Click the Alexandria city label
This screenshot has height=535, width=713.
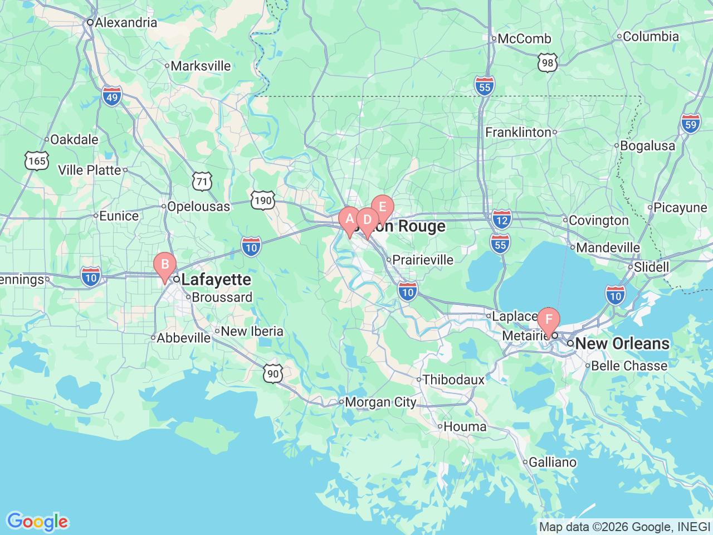[126, 23]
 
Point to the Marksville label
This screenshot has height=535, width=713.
[201, 66]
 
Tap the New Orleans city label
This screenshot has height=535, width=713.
[622, 344]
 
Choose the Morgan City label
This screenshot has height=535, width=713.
[380, 402]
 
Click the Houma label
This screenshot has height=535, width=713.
[465, 427]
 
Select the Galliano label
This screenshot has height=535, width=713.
[553, 463]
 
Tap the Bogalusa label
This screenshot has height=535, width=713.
[647, 146]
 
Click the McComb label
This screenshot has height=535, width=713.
[524, 39]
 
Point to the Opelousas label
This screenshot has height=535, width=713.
[198, 207]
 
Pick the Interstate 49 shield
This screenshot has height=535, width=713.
[112, 96]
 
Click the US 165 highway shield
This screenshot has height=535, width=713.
[37, 161]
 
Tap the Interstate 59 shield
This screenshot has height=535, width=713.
[691, 124]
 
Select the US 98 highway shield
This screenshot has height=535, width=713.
[548, 62]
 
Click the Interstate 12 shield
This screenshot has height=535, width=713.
[502, 219]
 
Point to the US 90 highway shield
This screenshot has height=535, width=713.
[273, 373]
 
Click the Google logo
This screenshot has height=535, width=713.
[37, 522]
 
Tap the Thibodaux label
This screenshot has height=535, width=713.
[453, 380]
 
